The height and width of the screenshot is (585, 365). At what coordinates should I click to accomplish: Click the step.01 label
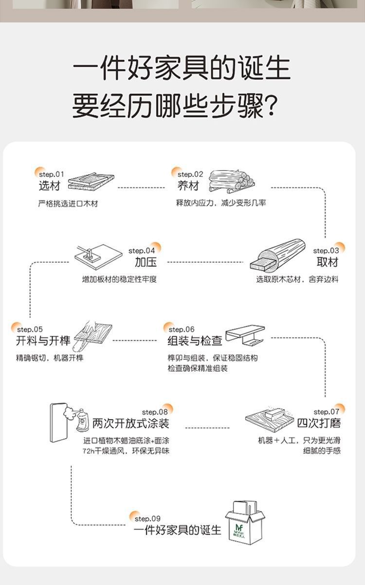pos(51,174)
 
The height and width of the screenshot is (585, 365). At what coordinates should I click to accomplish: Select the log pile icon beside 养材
pos(231,180)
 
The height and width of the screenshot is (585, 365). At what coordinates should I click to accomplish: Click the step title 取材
pos(327,262)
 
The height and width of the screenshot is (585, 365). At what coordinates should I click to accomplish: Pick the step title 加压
pos(146,262)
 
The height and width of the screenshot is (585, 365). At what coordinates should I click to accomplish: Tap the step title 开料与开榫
pos(43,341)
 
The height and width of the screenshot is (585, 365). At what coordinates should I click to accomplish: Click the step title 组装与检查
pos(195,341)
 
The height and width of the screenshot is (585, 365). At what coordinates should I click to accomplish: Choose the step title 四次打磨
pos(319,423)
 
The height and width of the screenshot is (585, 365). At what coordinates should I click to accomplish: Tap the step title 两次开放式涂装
pos(131,423)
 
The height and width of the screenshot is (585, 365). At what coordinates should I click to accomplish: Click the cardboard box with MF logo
pos(246,522)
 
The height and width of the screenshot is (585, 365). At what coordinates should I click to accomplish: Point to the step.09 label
pos(147,518)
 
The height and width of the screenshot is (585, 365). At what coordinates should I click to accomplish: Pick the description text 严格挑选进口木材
pos(68,203)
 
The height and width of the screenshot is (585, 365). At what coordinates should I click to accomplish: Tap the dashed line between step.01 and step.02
pos(141,188)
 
